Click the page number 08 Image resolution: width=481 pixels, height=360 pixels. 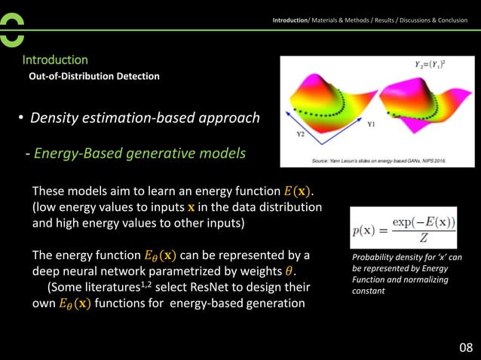466,347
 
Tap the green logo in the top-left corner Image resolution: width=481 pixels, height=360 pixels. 12,29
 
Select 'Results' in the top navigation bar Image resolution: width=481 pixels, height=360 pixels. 374,20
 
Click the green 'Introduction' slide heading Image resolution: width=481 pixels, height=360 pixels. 55,59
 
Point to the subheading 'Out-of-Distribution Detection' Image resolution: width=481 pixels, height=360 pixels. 93,76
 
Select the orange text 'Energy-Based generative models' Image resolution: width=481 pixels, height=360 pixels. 139,154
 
